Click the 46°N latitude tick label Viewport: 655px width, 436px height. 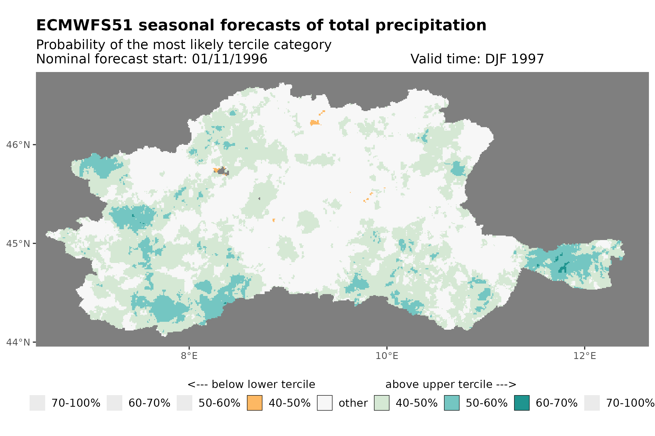[18, 145]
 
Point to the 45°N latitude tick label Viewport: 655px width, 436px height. [18, 243]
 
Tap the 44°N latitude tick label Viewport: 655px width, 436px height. [18, 342]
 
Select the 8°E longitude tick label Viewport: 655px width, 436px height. [189, 356]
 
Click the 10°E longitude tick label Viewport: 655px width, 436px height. [387, 356]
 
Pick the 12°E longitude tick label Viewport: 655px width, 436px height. [584, 356]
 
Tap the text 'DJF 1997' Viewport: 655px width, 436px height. [514, 59]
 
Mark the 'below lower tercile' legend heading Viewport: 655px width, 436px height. [251, 384]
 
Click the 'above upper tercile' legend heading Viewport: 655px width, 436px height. [451, 384]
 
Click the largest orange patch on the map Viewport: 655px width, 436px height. [314, 123]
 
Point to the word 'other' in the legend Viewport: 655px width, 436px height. [353, 403]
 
